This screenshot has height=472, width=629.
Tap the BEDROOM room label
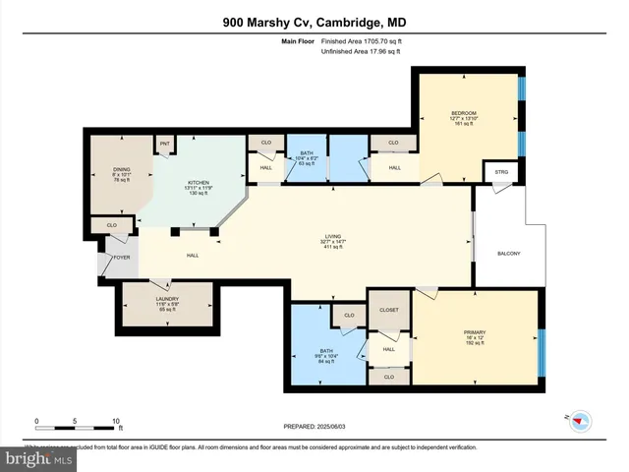pyautogui.click(x=464, y=114)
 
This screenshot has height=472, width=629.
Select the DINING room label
pyautogui.click(x=122, y=169)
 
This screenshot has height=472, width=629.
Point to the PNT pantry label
pyautogui.click(x=165, y=145)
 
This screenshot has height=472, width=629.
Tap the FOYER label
pyautogui.click(x=121, y=258)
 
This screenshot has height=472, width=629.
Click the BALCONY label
pyautogui.click(x=507, y=255)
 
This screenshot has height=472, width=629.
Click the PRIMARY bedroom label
pyautogui.click(x=475, y=332)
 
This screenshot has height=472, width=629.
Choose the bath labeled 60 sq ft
pyautogui.click(x=306, y=153)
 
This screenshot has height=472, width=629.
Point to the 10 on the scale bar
pyautogui.click(x=116, y=420)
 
